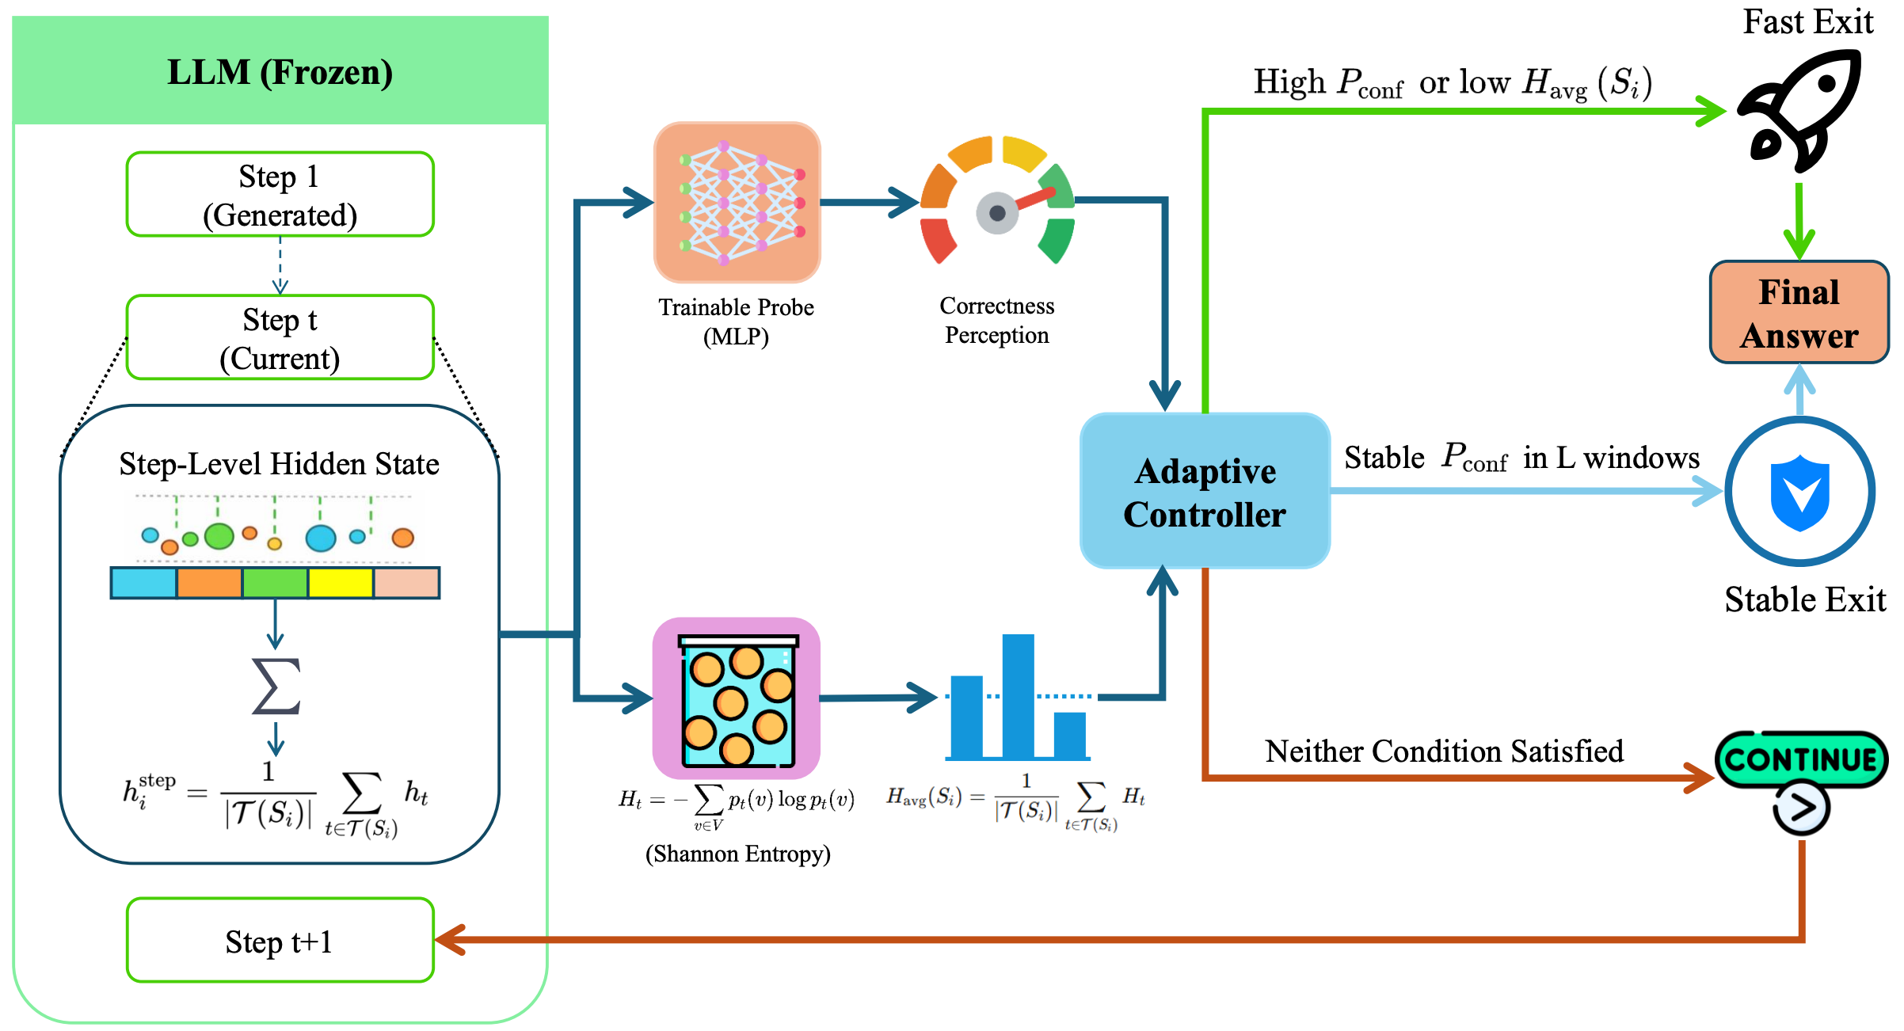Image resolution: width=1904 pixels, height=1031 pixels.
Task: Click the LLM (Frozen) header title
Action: coord(280,73)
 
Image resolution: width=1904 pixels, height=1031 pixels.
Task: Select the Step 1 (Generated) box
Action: coord(280,194)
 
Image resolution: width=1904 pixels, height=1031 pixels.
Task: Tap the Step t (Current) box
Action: coord(280,337)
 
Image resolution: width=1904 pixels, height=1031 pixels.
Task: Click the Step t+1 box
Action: coord(280,940)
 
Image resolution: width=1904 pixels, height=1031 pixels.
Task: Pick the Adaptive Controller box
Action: coord(1205,491)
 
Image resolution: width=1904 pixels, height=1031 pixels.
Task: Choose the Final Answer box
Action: coord(1799,313)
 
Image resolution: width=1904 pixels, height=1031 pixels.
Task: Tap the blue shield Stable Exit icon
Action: coord(1800,492)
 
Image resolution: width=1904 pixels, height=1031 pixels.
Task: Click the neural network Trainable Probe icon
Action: coord(737,202)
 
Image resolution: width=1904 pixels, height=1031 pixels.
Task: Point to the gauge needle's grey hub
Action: coord(997,213)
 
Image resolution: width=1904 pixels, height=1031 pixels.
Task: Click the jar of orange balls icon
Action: coord(737,698)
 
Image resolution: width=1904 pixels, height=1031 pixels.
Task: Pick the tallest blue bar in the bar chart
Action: coord(1018,696)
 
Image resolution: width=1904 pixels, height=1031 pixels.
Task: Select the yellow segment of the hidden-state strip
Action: coord(341,583)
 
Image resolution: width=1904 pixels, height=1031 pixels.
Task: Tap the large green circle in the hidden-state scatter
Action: coord(219,536)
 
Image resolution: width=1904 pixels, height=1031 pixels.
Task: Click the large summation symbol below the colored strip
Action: coord(276,686)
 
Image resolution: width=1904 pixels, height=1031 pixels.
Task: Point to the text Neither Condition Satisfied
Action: coord(1444,751)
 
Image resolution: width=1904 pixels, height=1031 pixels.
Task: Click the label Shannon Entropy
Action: coord(738,854)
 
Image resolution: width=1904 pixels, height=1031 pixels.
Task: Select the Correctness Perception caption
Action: coord(997,320)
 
